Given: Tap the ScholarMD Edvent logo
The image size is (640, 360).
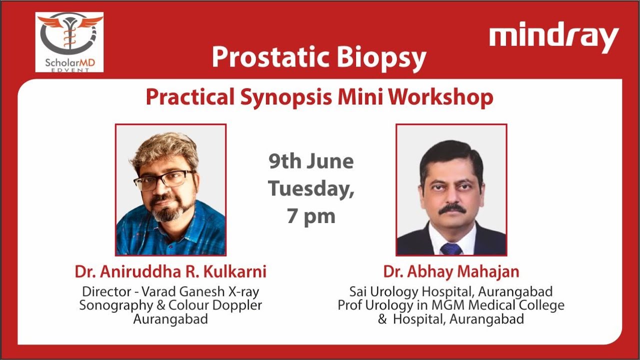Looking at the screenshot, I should tap(69, 42).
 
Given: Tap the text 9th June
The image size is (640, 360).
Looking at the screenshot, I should tap(311, 161).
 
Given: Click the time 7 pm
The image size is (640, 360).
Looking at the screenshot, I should tap(310, 216).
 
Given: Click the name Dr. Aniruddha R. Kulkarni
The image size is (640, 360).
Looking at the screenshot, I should tap(170, 272).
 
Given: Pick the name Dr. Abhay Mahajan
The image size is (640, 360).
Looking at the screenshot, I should tap(451, 272).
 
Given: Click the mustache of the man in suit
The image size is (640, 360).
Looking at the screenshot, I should tap(451, 208).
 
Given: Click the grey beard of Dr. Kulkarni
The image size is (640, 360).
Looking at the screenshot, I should tap(167, 212).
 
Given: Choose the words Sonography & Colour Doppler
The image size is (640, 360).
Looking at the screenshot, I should tap(170, 305).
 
